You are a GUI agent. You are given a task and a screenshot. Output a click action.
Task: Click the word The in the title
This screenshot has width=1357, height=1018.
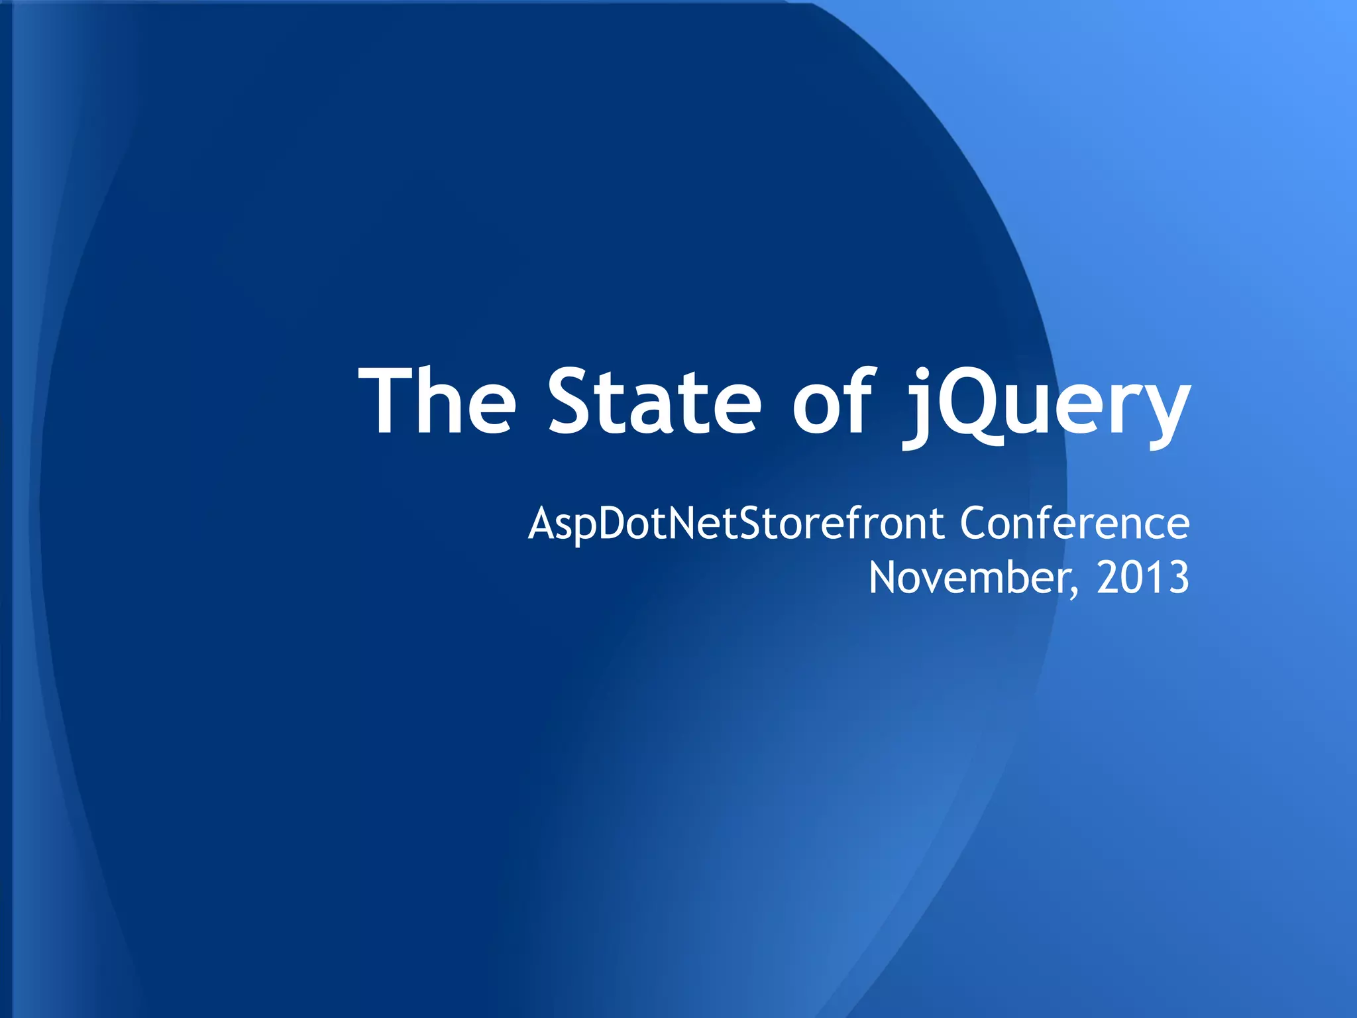(437, 402)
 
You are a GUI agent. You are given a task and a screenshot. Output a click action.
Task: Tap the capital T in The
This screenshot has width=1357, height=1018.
(388, 402)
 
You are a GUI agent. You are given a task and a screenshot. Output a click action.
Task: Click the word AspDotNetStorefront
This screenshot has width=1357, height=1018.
(735, 525)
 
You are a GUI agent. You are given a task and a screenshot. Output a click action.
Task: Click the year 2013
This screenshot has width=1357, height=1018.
(1142, 578)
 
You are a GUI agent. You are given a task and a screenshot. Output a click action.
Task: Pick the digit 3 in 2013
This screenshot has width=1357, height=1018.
(1178, 578)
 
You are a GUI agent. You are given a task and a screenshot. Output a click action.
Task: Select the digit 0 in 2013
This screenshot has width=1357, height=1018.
(1132, 578)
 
